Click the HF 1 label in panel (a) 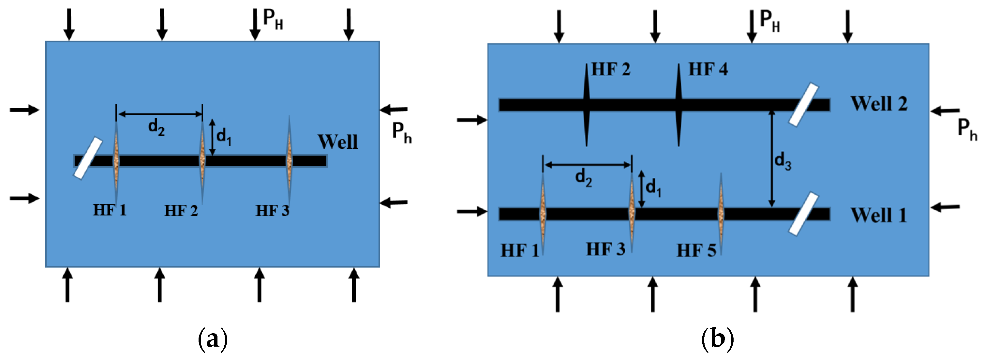[110, 210]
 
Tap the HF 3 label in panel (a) [272, 211]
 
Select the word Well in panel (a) [338, 142]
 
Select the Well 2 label [879, 104]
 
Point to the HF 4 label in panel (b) [708, 69]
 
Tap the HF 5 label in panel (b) [696, 251]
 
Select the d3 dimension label [782, 160]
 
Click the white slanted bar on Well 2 [804, 104]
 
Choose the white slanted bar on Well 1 [804, 214]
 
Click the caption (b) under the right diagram [717, 338]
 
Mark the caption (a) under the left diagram [213, 338]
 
